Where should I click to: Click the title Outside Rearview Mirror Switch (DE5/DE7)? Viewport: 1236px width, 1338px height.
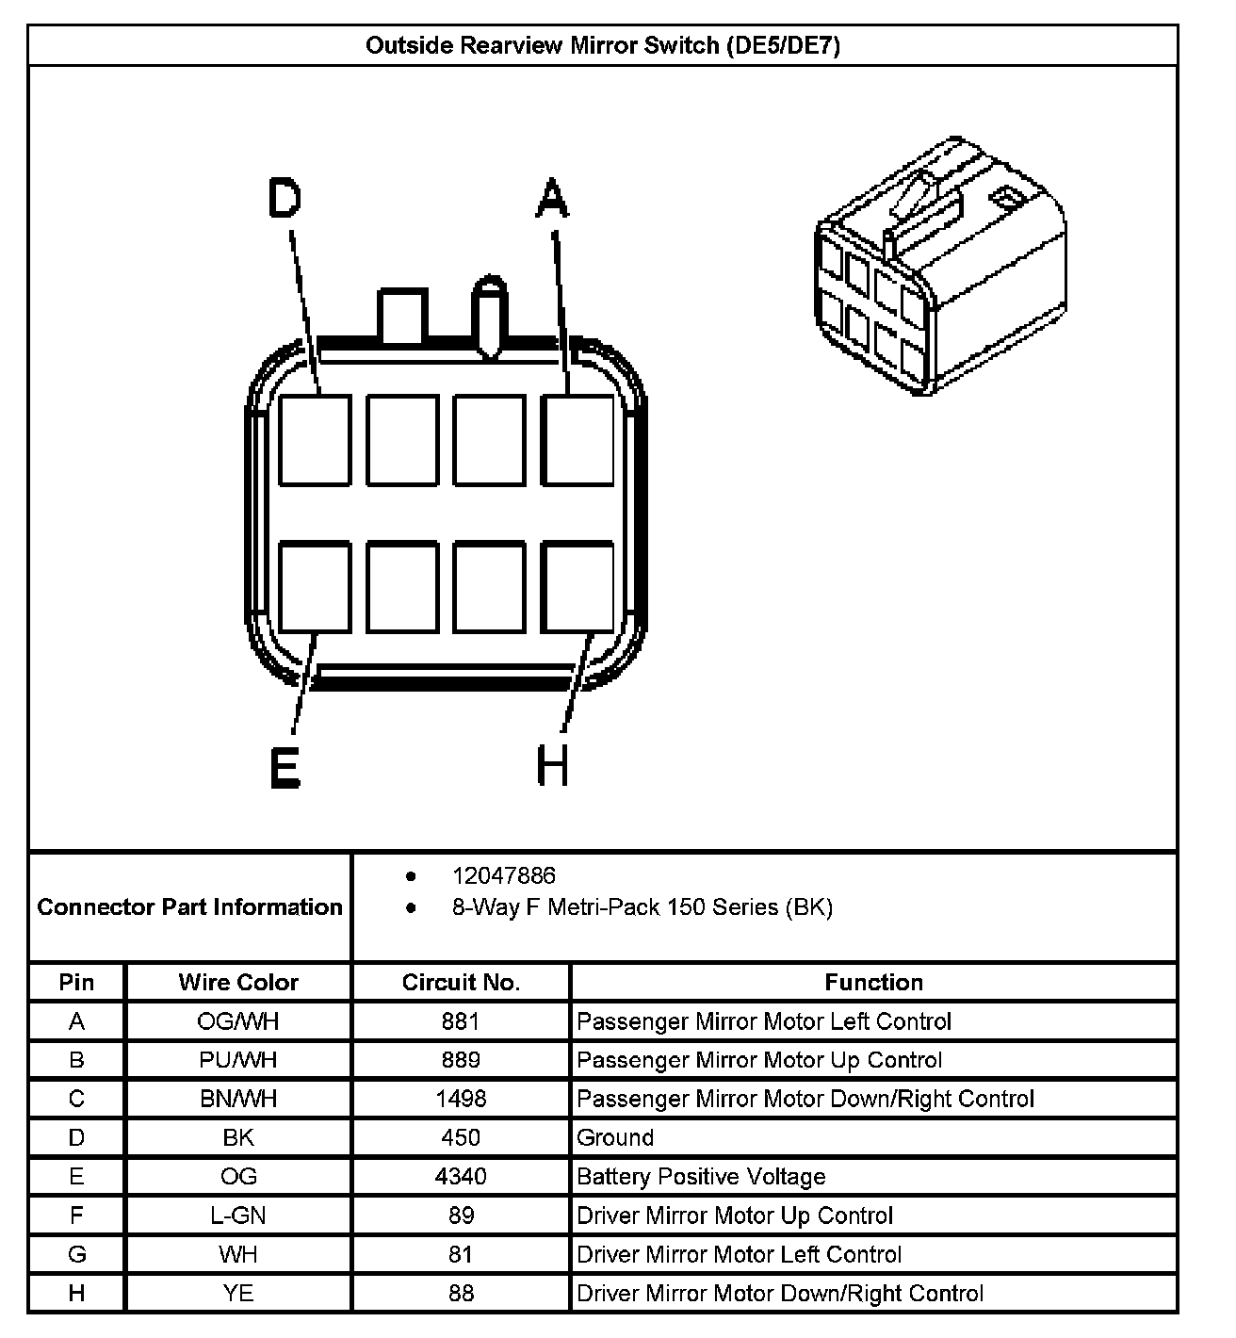602,45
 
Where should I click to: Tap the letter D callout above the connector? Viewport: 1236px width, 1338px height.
285,199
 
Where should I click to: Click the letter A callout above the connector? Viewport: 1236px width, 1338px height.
552,199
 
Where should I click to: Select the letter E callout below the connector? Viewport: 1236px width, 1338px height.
285,768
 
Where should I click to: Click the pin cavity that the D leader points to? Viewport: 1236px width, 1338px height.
316,440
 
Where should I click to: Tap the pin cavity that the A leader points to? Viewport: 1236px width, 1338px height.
577,440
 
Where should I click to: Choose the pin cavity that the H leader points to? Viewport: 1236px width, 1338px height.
577,586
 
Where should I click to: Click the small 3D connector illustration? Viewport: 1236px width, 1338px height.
939,266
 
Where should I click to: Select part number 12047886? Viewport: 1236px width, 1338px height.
504,876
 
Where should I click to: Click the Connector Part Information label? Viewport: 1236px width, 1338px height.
189,907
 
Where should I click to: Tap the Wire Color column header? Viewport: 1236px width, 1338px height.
238,983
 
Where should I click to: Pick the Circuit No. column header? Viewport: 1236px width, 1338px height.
461,983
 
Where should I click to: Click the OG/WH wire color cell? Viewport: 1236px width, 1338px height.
238,1021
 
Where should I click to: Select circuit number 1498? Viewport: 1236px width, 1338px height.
461,1099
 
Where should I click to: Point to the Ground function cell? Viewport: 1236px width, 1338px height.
615,1137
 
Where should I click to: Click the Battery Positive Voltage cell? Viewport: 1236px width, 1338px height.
701,1177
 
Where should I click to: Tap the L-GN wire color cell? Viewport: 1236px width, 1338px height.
238,1216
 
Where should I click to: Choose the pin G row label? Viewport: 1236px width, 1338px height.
76,1254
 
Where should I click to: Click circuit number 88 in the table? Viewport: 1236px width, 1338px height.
461,1294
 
